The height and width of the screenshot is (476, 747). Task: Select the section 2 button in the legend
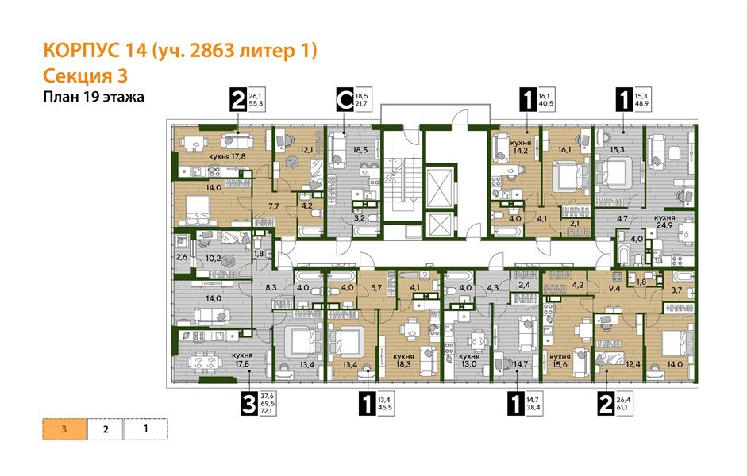(x=105, y=429)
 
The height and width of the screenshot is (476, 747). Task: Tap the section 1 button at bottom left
(x=146, y=429)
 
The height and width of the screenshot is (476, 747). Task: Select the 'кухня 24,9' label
(x=664, y=221)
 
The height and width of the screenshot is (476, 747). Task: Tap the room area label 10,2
(x=212, y=258)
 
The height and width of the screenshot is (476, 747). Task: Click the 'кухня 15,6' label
(x=560, y=359)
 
